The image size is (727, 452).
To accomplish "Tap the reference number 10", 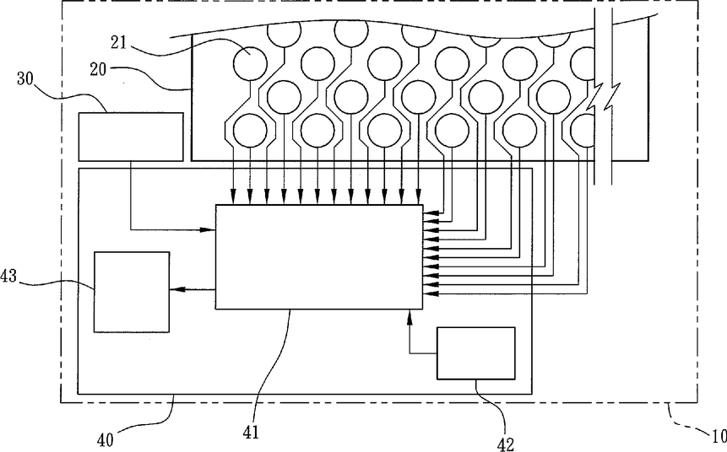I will tap(717, 436).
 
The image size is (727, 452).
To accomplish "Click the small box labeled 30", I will tap(130, 136).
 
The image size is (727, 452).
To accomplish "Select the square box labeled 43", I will tap(131, 291).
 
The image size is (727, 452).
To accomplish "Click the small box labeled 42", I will tap(475, 352).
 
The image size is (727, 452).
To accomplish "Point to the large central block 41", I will tap(319, 256).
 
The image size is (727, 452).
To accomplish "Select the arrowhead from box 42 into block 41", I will tap(410, 315).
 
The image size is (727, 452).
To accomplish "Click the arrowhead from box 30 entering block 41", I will tap(209, 228).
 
